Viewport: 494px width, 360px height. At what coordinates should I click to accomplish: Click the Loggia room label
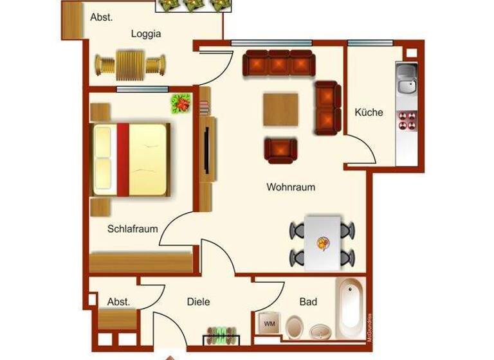tap(145, 34)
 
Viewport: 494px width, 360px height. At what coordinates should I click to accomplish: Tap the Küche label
tap(369, 113)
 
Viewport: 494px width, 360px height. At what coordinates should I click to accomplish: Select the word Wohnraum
tap(291, 188)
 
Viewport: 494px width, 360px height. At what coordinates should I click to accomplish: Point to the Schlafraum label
tap(133, 228)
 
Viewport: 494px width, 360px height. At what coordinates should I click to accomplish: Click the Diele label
tap(198, 301)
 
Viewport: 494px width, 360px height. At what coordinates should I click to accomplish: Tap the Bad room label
tap(308, 301)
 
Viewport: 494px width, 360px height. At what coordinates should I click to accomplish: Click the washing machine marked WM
tap(270, 323)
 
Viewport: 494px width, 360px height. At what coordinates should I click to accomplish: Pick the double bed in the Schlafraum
tap(131, 158)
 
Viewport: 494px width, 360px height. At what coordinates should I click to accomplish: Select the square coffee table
tap(281, 111)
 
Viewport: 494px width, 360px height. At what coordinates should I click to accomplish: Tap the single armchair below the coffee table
tap(281, 150)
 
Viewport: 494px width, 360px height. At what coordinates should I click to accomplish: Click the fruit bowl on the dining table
tap(322, 244)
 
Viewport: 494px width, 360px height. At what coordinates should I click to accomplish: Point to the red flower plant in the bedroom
tap(181, 103)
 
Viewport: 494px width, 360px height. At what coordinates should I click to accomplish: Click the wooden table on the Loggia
tap(131, 64)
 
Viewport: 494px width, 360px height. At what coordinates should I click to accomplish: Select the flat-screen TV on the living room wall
tap(206, 149)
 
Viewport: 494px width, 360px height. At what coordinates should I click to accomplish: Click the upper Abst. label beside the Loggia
tap(101, 17)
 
